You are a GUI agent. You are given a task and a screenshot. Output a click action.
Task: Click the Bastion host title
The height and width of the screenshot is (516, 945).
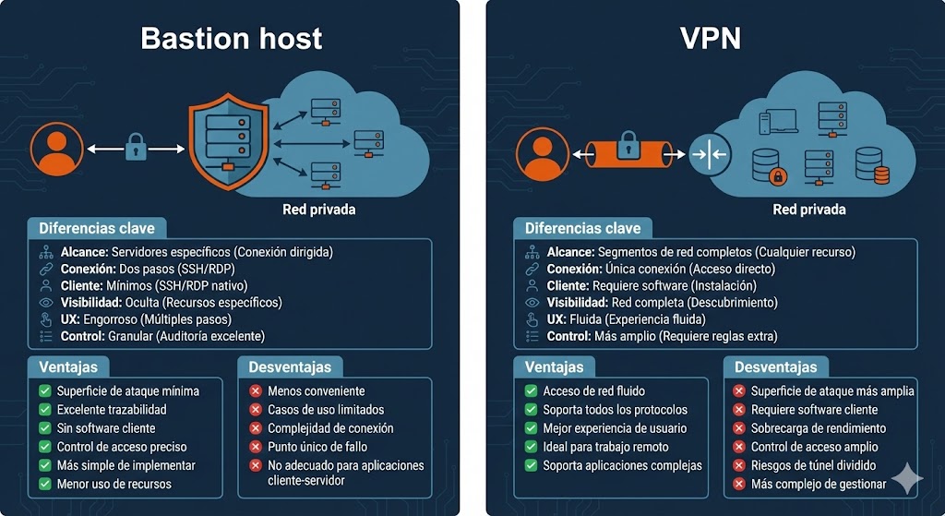point(231,38)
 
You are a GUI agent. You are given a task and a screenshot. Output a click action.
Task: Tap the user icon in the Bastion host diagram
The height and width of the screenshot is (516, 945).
point(54,150)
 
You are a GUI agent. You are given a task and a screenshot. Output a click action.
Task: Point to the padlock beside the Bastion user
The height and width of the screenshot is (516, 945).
point(137,148)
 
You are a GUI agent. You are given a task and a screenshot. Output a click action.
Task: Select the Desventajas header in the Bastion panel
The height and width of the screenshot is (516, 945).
point(290,366)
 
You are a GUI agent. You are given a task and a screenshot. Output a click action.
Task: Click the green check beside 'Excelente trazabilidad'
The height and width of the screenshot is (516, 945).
point(45,409)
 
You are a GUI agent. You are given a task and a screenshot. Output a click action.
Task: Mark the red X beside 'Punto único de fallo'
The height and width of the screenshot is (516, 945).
point(256,447)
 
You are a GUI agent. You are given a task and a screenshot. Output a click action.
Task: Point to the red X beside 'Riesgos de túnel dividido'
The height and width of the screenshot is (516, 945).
point(739,465)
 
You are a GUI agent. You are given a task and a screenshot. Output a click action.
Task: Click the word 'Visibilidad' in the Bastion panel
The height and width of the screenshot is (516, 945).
point(92,302)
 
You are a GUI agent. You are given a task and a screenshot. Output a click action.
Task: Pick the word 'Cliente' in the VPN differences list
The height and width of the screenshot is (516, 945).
point(568,285)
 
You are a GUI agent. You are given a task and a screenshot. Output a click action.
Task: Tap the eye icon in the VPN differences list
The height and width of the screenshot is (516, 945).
point(531,302)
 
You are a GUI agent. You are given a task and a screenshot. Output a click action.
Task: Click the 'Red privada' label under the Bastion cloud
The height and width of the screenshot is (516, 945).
point(318,210)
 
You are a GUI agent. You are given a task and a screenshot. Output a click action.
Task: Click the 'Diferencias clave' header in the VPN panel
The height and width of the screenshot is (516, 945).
point(582,228)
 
